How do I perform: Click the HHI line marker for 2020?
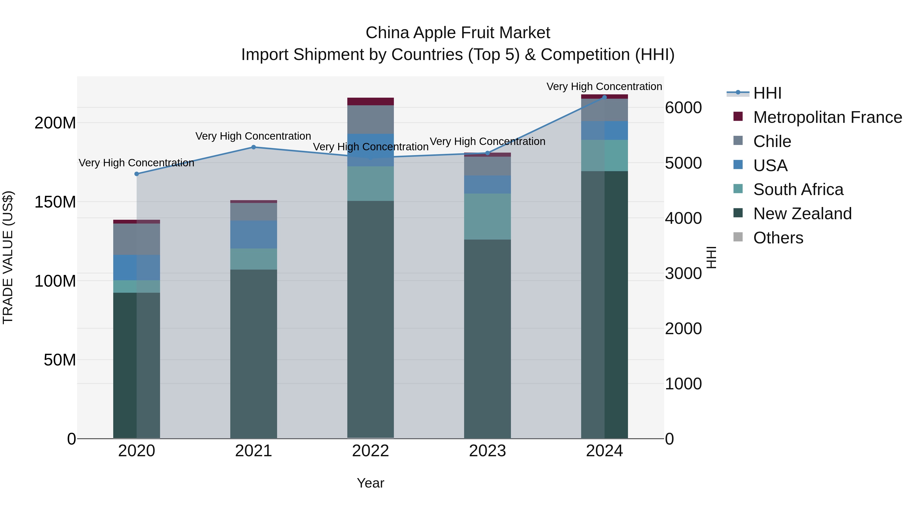pyautogui.click(x=137, y=174)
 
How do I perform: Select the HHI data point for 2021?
pyautogui.click(x=253, y=147)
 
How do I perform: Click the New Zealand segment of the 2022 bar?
pyautogui.click(x=370, y=320)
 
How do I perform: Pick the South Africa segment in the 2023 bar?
pyautogui.click(x=487, y=216)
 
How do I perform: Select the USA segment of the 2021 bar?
pyautogui.click(x=253, y=234)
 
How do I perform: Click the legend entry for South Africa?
pyautogui.click(x=798, y=189)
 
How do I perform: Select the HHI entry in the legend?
pyautogui.click(x=767, y=93)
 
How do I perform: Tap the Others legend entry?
pyautogui.click(x=778, y=238)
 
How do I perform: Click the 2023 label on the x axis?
pyautogui.click(x=487, y=451)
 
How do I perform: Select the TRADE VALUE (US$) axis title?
pyautogui.click(x=8, y=257)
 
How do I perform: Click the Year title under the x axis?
pyautogui.click(x=370, y=483)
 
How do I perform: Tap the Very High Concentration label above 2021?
pyautogui.click(x=253, y=136)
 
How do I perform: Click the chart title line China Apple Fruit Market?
pyautogui.click(x=458, y=33)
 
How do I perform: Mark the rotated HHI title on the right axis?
pyautogui.click(x=711, y=257)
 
